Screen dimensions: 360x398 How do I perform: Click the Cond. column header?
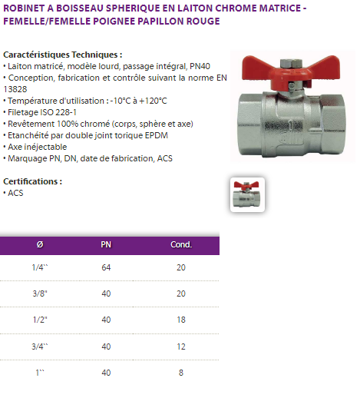181,244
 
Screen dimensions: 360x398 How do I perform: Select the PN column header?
106,244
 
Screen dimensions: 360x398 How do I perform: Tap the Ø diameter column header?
40,244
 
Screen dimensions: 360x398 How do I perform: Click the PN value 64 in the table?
106,267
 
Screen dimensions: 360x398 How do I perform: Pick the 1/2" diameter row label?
40,320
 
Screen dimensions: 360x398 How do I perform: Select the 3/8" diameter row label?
40,294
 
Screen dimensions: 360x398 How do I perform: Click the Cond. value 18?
181,320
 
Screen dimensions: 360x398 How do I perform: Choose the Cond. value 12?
181,347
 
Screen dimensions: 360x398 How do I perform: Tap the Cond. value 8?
181,373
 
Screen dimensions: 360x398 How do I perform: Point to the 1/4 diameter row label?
40,267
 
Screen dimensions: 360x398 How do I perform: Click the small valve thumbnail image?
247,194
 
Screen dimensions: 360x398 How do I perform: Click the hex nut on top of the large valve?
291,62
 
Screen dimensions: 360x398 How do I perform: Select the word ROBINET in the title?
24,8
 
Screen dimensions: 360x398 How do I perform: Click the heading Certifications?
32,181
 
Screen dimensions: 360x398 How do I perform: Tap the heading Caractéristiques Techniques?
63,55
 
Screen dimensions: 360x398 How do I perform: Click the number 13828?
15,89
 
